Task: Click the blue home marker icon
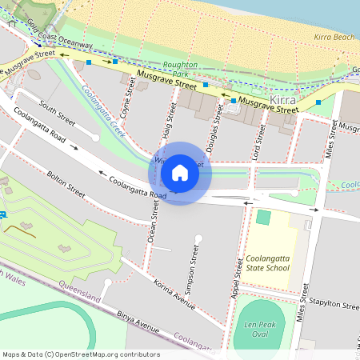tap(180, 172)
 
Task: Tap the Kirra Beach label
tap(334, 38)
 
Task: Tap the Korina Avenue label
tap(174, 295)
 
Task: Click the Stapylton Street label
tap(335, 305)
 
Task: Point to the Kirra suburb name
tap(284, 99)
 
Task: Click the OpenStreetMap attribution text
tap(81, 354)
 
